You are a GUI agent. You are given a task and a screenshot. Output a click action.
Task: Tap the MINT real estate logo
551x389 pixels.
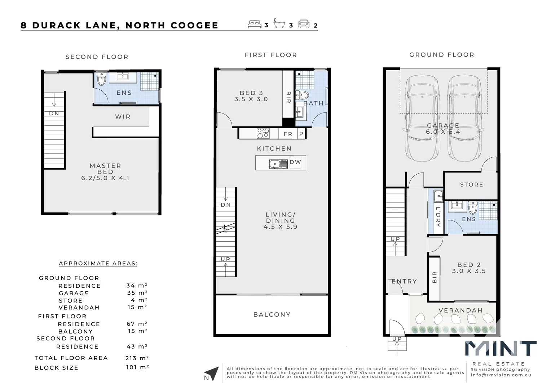tap(501, 349)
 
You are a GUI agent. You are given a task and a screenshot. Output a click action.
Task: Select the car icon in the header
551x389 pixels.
tap(304, 24)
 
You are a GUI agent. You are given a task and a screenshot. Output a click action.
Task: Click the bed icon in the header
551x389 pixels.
tap(255, 24)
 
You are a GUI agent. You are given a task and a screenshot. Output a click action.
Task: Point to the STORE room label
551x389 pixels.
tap(471, 184)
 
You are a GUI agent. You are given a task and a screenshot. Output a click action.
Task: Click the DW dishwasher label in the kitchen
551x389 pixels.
tap(295, 162)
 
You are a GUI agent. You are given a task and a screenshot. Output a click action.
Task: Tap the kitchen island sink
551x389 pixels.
tap(278, 164)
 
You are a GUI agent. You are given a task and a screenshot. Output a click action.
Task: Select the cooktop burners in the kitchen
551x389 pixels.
tap(263, 134)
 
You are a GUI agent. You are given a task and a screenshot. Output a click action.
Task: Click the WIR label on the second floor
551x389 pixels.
tap(123, 117)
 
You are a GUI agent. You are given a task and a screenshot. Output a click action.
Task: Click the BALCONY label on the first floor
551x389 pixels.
tap(272, 314)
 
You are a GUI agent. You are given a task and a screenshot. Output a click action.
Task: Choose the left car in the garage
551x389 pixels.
tap(422, 119)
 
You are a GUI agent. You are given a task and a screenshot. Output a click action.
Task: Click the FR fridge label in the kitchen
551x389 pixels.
tap(288, 134)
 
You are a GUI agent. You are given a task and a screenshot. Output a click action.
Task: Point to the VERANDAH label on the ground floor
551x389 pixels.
tap(460, 310)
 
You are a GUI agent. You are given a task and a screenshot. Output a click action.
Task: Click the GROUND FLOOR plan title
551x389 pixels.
tap(442, 55)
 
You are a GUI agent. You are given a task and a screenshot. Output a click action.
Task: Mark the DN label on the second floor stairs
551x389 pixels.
tap(54, 113)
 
